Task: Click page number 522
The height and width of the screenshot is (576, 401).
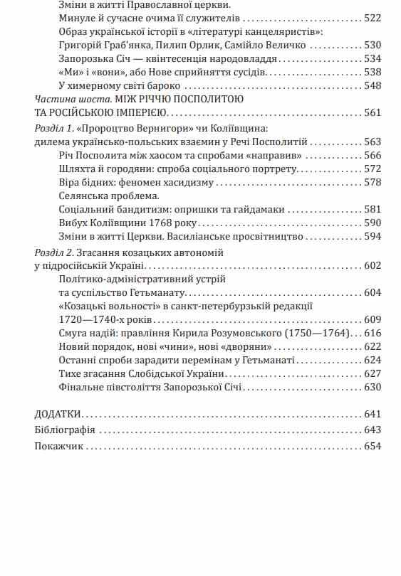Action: click(x=373, y=18)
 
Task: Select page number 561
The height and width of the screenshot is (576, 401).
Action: click(x=373, y=112)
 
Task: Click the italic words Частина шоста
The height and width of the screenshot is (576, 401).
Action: click(x=66, y=99)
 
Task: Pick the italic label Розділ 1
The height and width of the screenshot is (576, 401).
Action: click(x=54, y=129)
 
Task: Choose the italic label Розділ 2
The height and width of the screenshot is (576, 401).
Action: click(x=54, y=252)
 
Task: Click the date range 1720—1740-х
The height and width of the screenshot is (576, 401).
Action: click(x=90, y=319)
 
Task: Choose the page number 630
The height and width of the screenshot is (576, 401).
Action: click(x=373, y=388)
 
